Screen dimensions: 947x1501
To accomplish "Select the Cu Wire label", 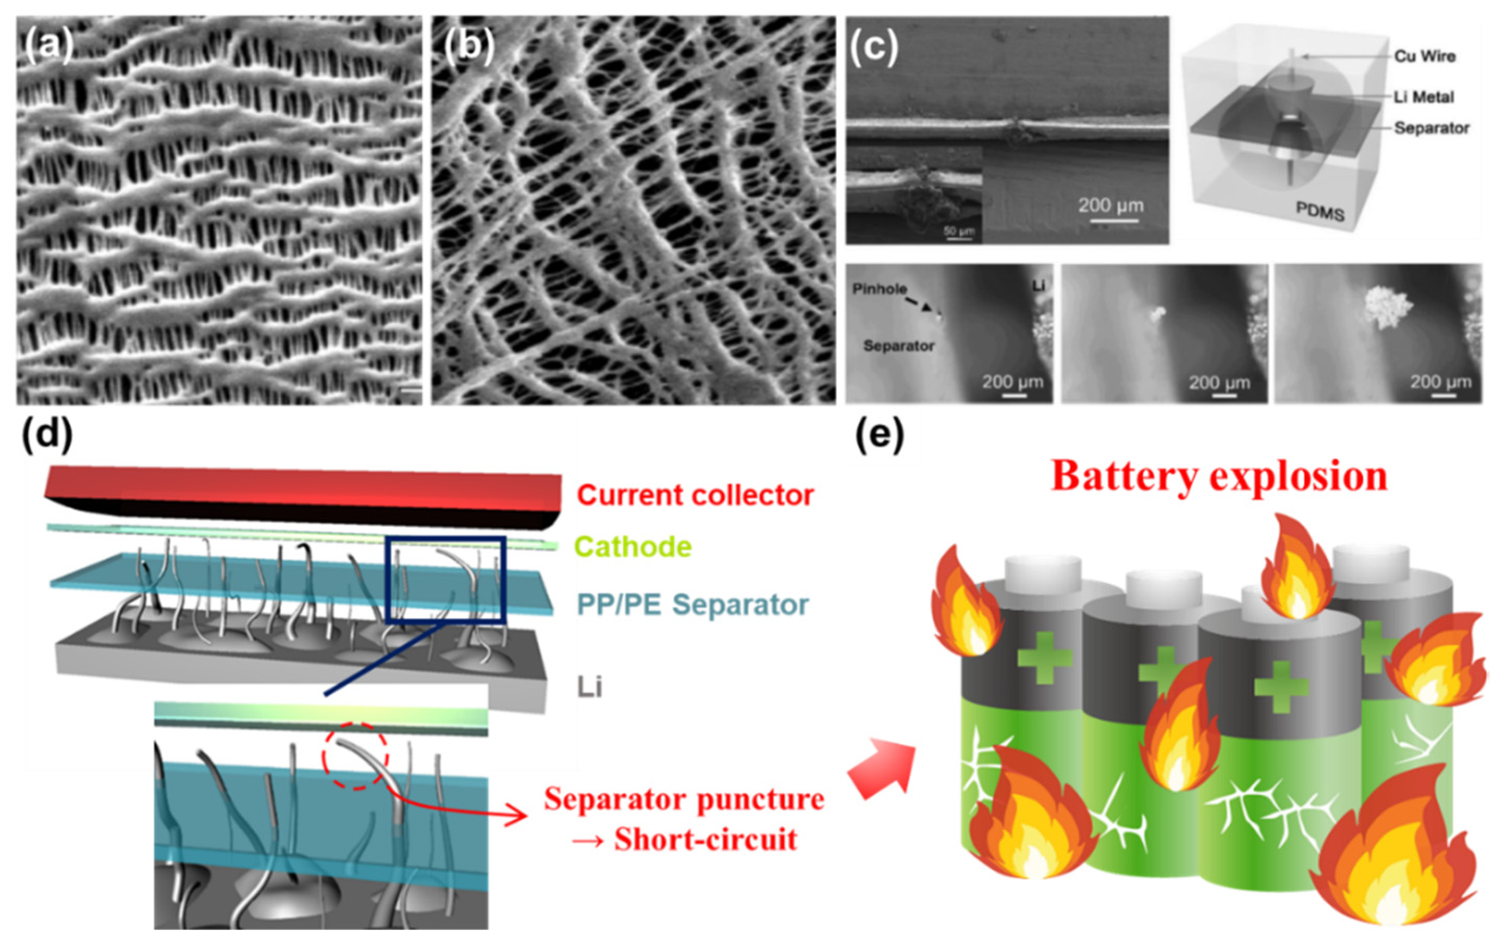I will [1424, 56].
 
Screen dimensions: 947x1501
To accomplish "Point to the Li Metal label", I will [1424, 97].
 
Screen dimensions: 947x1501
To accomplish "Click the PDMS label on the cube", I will [1320, 213].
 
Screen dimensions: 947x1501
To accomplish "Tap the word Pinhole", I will [879, 289].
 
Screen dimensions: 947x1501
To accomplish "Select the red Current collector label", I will [695, 495].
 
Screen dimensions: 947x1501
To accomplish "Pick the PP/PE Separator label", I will [693, 604].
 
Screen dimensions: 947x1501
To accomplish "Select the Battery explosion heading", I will [1218, 477].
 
